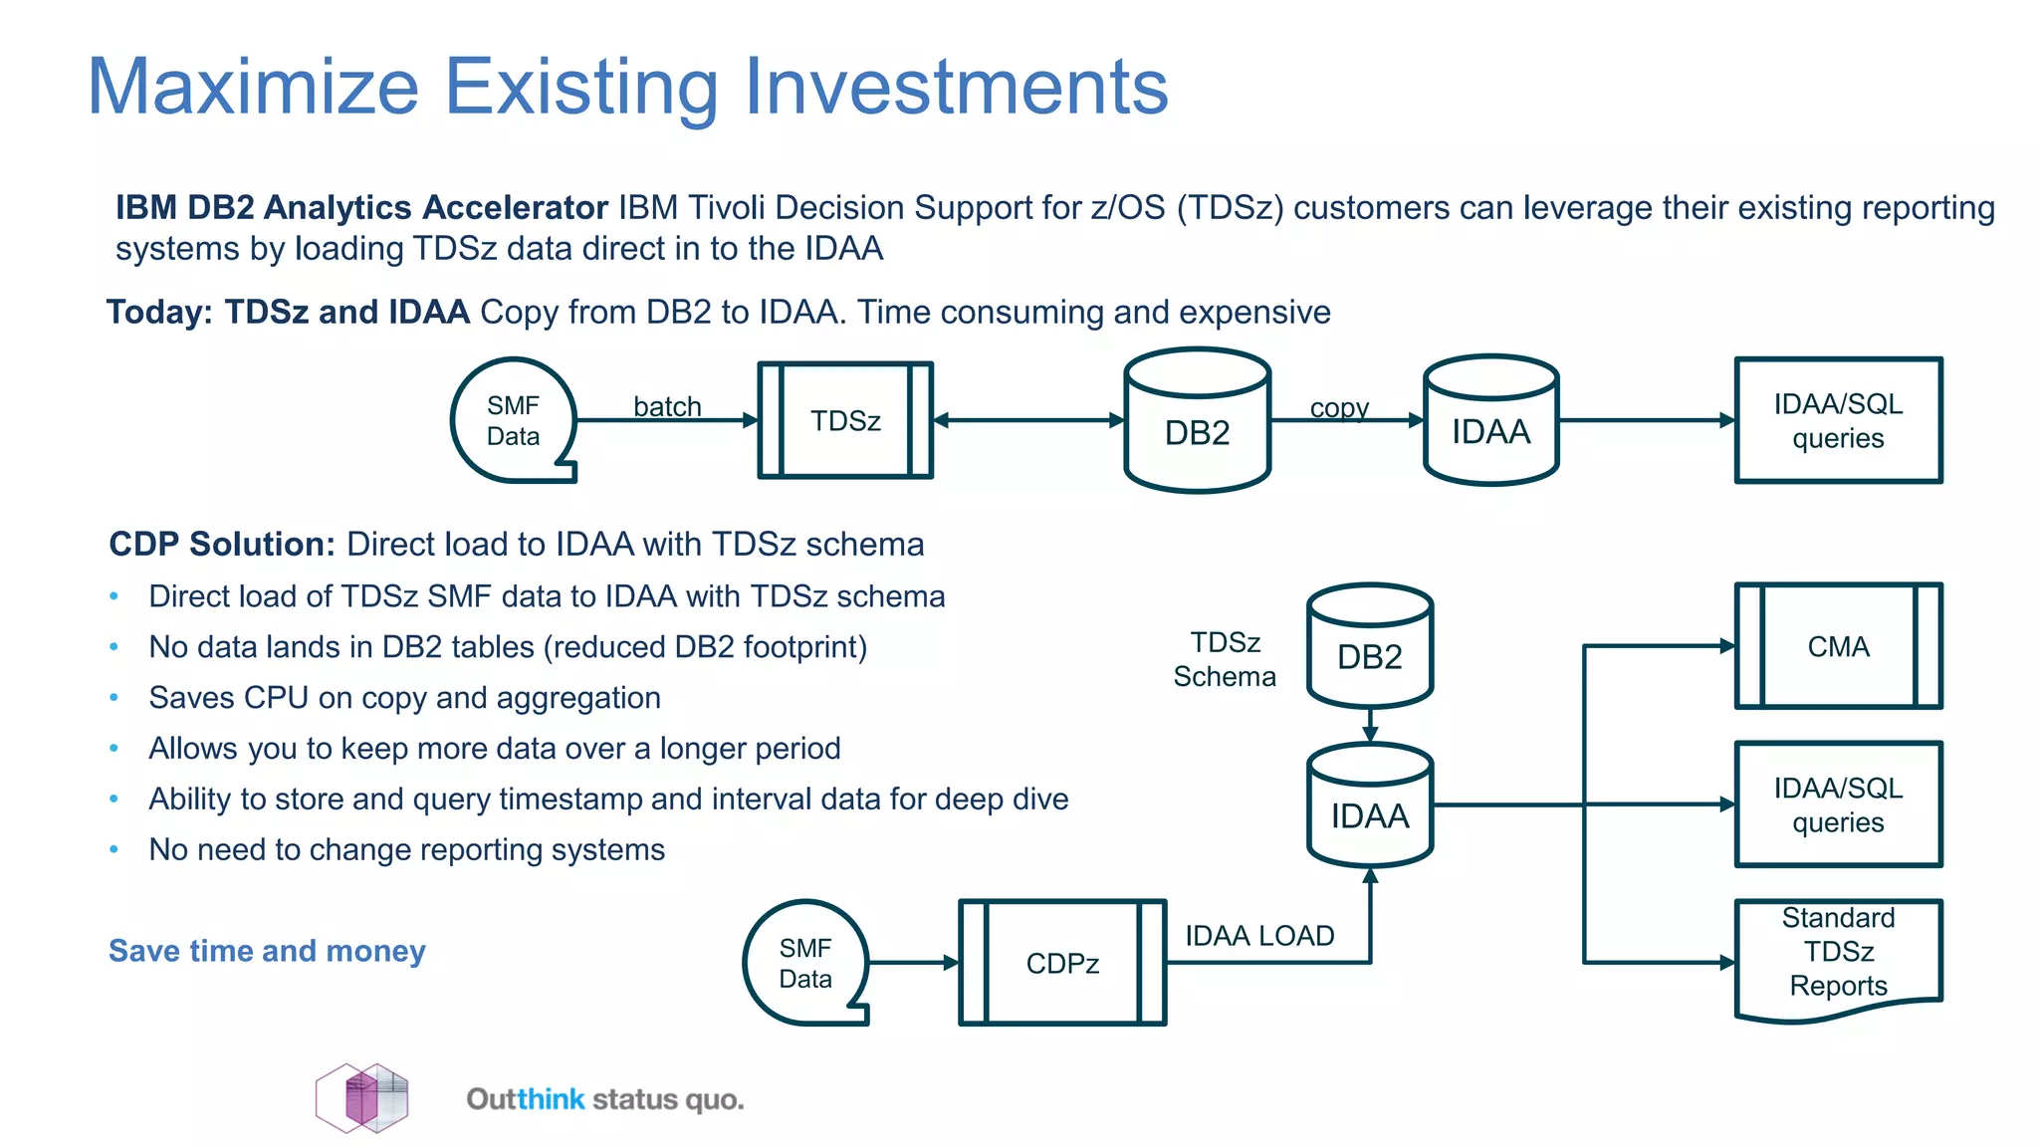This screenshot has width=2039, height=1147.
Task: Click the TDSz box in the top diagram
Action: [x=845, y=420]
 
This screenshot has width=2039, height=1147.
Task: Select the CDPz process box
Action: [x=1062, y=963]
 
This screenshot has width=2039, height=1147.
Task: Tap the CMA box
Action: [x=1838, y=646]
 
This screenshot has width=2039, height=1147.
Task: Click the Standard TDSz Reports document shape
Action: [x=1838, y=956]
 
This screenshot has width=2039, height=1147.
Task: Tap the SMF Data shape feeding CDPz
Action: [x=805, y=963]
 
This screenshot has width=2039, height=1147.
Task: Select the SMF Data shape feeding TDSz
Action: [x=513, y=420]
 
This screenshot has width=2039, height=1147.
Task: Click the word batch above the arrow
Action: [x=667, y=406]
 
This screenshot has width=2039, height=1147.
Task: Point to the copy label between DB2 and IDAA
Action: [x=1339, y=407]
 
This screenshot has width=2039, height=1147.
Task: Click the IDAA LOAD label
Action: [x=1259, y=936]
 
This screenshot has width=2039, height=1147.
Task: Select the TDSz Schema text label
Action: [x=1225, y=659]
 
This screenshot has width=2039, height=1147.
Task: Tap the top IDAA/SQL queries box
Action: [x=1838, y=420]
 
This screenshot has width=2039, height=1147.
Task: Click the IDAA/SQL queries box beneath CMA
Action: [x=1838, y=804]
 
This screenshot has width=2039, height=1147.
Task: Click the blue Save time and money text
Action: [x=267, y=951]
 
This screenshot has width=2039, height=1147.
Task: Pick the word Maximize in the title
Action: [x=253, y=87]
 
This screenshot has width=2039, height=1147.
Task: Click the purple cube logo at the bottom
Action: [x=362, y=1098]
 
